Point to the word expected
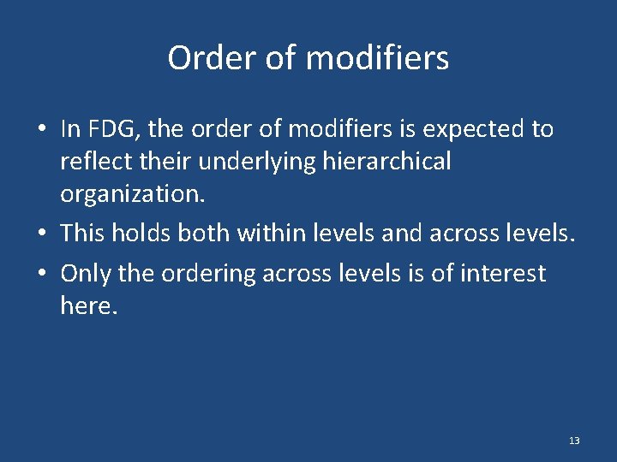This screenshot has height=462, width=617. [x=478, y=129]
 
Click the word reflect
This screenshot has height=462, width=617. [x=91, y=161]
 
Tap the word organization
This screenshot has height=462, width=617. [x=132, y=193]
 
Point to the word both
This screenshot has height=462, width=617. [x=206, y=232]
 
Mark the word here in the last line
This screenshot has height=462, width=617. [x=86, y=305]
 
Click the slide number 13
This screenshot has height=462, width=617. [x=573, y=441]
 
